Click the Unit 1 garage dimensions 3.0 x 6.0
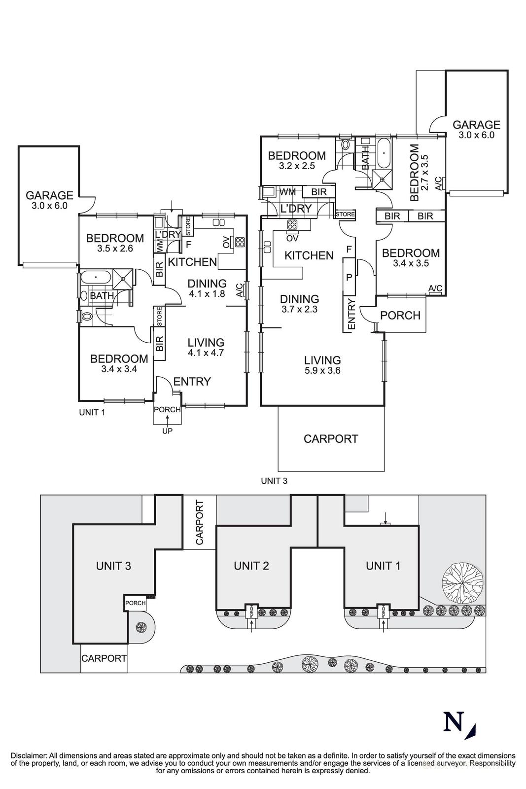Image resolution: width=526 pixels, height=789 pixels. point(49,206)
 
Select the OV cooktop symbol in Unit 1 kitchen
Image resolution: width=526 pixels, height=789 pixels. point(240,242)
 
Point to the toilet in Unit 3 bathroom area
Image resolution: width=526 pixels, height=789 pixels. point(345,145)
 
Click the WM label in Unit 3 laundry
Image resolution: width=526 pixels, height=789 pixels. point(288,192)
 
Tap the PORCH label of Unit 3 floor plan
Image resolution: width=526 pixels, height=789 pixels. point(400,315)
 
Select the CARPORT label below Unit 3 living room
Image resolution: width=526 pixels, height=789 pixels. point(330,438)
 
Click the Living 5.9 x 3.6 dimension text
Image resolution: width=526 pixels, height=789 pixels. point(322,371)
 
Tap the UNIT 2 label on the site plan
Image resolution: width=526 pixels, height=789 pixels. point(251,566)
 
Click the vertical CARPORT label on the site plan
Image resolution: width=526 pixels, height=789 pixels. point(200,523)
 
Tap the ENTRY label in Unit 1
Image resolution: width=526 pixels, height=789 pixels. point(192,381)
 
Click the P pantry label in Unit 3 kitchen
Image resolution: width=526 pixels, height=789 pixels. point(349,277)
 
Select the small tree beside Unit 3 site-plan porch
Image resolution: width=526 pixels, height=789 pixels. point(141,627)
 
